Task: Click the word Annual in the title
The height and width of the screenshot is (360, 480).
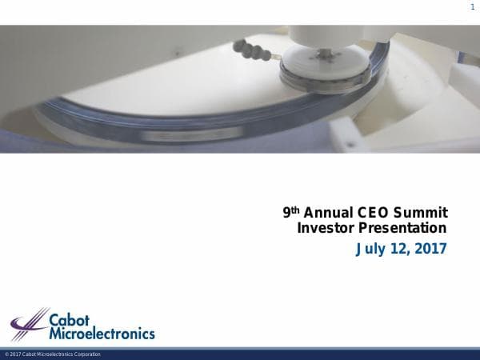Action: pos(330,213)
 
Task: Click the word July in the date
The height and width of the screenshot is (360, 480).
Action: pos(370,249)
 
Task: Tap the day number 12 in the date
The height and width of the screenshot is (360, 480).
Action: pos(399,249)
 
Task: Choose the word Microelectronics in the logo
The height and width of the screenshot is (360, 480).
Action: pos(102,333)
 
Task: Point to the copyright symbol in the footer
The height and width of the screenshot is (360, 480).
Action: pos(6,354)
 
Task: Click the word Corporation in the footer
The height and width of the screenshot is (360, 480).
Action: pos(87,354)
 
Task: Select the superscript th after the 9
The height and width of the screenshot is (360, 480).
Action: pos(295,210)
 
